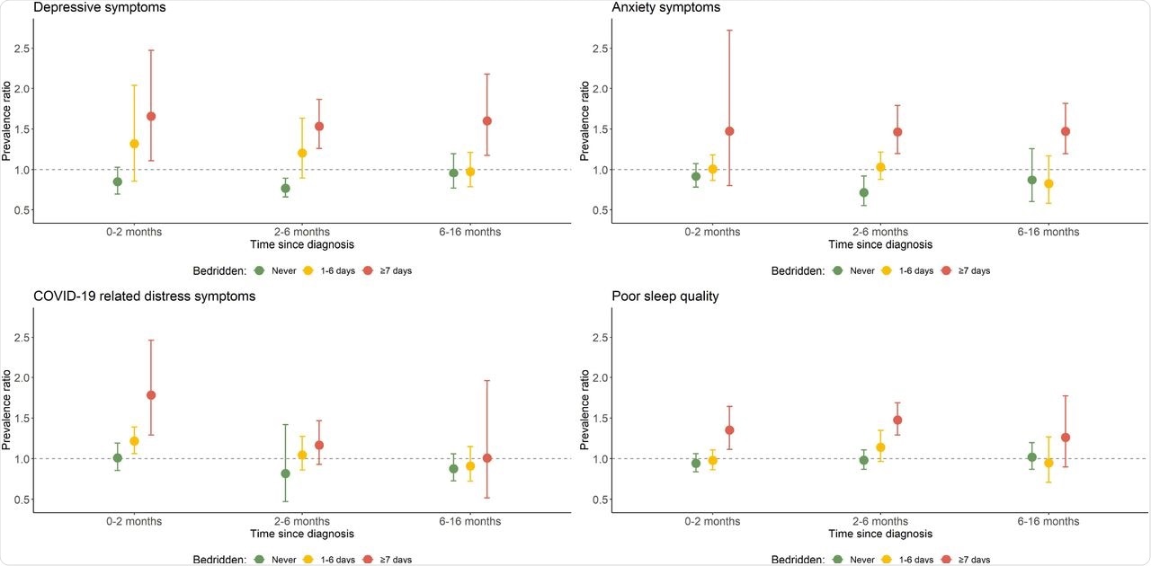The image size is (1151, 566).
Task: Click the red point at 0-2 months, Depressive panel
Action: point(151,117)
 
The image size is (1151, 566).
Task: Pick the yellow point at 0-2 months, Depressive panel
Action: point(134,144)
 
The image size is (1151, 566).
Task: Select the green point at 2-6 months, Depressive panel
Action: point(285,189)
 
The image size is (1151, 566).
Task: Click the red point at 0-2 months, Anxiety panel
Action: point(729,131)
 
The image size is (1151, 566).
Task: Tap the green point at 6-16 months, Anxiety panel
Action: point(1031,180)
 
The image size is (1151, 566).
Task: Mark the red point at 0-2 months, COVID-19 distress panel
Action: point(151,395)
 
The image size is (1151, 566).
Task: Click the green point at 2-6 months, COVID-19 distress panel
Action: point(285,473)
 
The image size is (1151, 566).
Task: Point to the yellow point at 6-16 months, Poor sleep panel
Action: point(1048,463)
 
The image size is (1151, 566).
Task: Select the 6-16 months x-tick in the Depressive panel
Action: point(469,232)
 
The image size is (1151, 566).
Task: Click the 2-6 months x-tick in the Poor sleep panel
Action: point(880,521)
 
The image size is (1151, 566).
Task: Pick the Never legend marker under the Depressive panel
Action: point(259,270)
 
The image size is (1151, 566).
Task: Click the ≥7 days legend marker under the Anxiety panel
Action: point(947,270)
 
